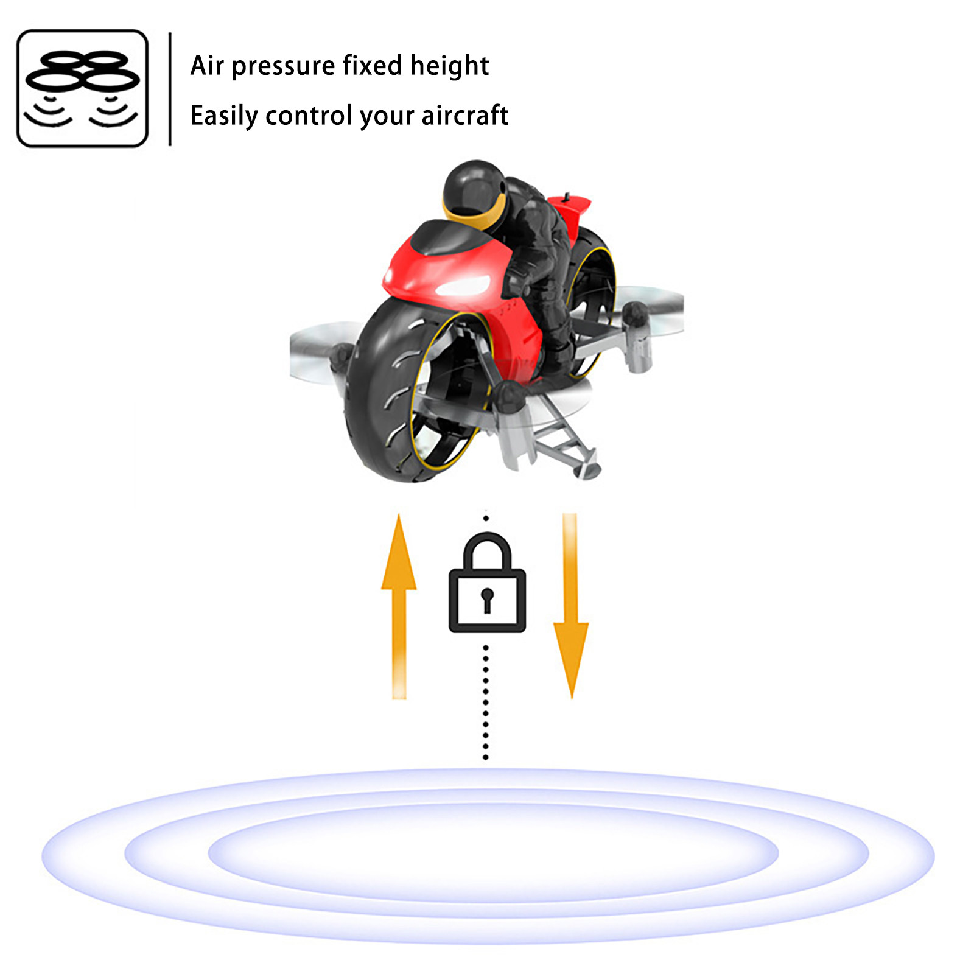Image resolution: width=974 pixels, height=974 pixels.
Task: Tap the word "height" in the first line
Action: [x=449, y=66]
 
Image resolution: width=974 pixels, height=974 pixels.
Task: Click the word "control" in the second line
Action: [x=309, y=115]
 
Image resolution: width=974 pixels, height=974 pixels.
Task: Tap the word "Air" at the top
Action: [x=207, y=66]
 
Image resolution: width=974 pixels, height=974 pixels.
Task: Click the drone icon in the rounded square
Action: [x=82, y=88]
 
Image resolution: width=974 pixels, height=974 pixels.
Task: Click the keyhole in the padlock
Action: [x=487, y=600]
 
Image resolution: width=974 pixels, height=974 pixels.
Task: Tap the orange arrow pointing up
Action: [x=399, y=606]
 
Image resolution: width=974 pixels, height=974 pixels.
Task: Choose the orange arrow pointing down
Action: [x=570, y=606]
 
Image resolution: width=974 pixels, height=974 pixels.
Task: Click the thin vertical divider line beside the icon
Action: [x=170, y=89]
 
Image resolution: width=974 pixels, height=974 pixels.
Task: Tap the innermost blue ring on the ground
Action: [x=494, y=853]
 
